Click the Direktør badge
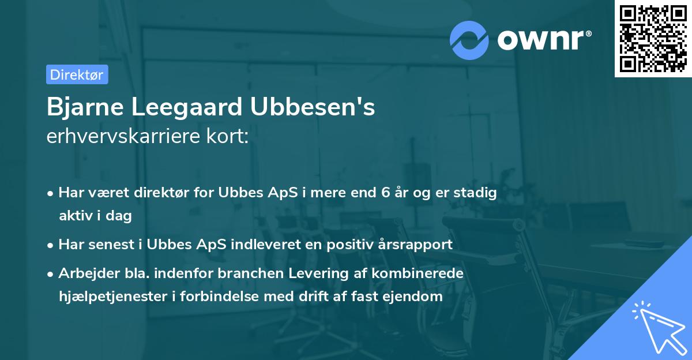[77, 74]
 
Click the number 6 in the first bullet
[385, 193]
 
